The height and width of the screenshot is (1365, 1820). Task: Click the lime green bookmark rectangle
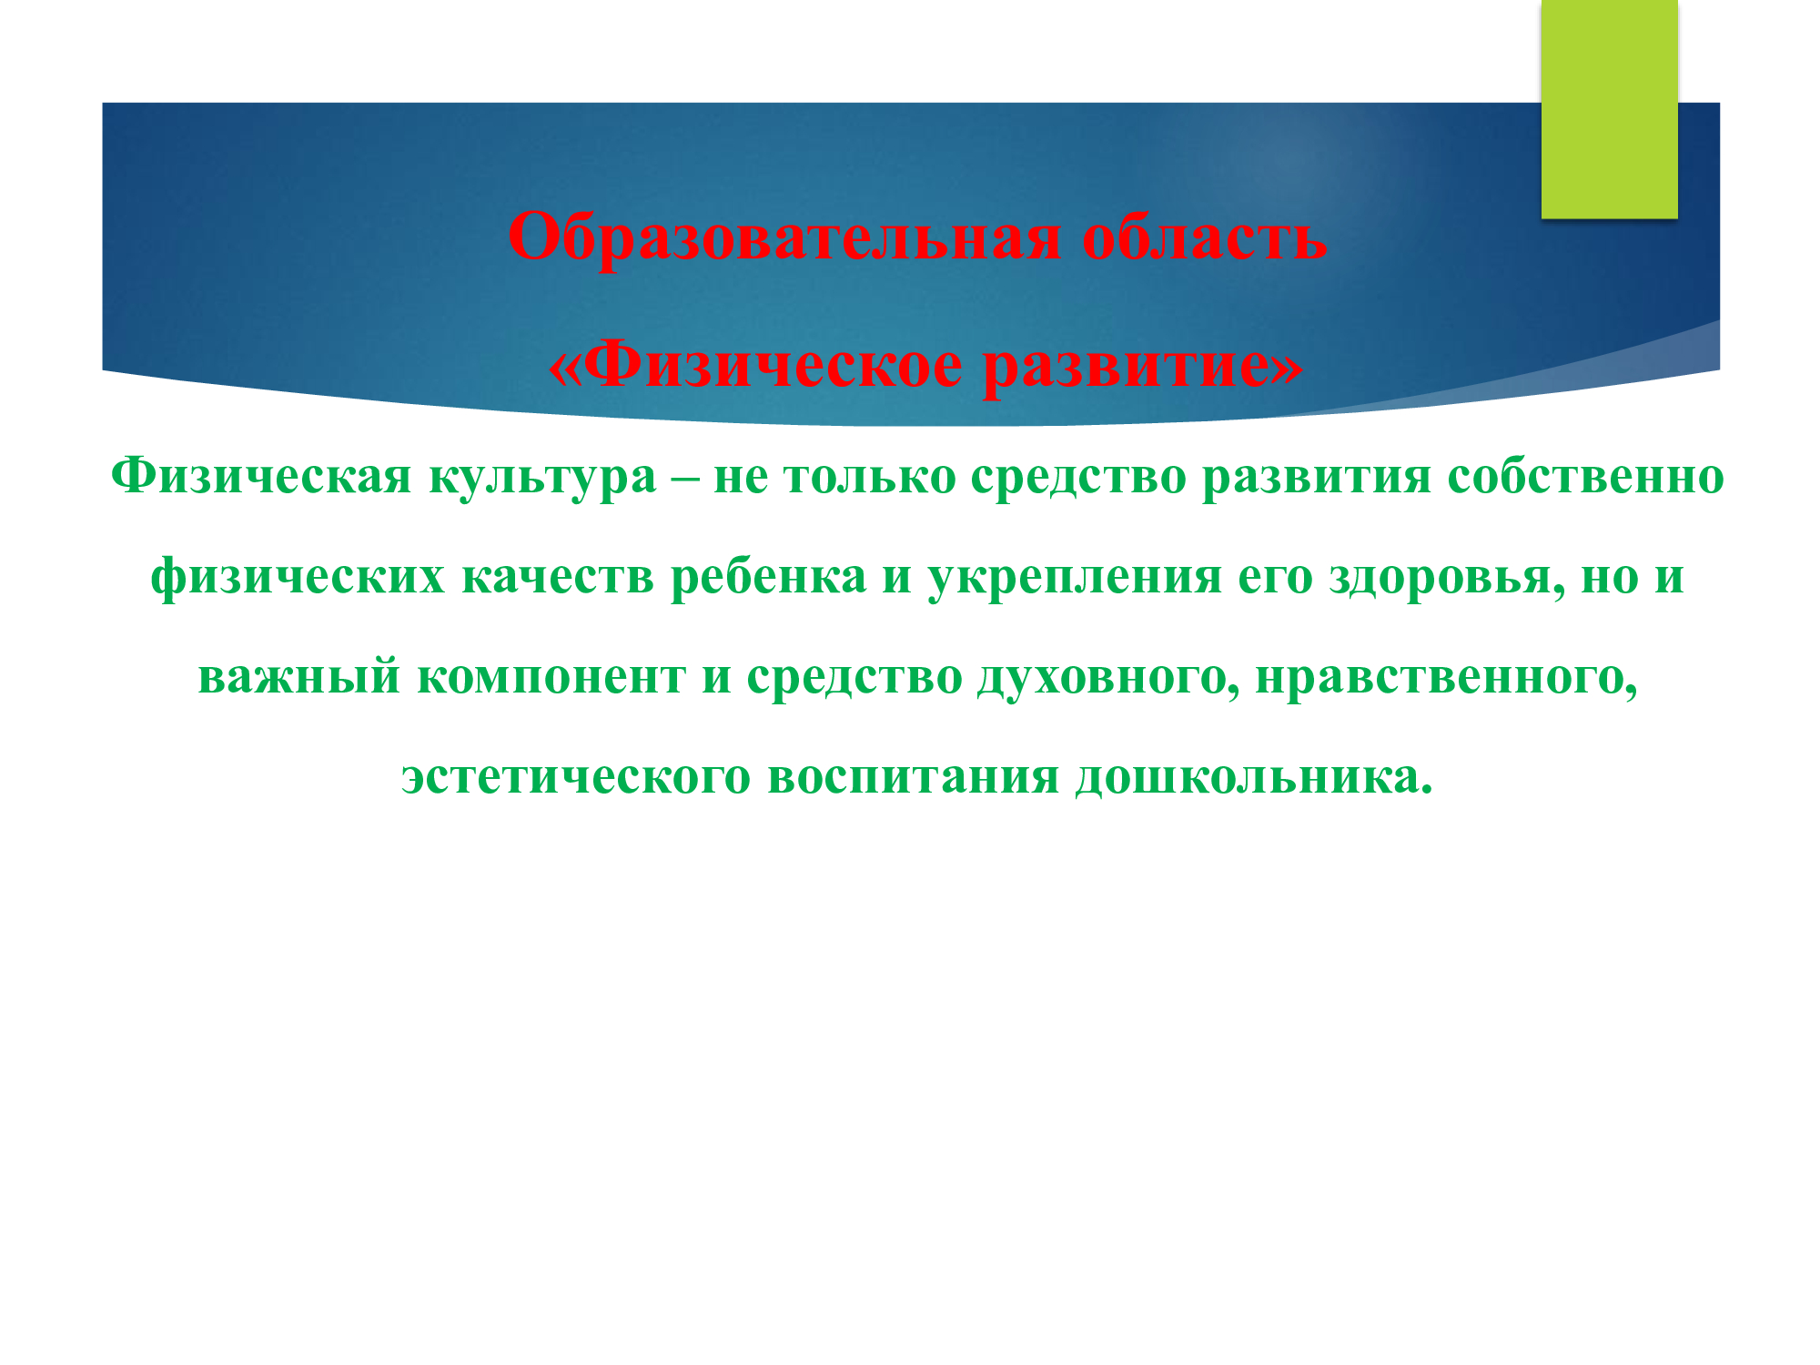pos(1609,109)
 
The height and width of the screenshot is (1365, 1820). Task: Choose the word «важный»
pos(299,677)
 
